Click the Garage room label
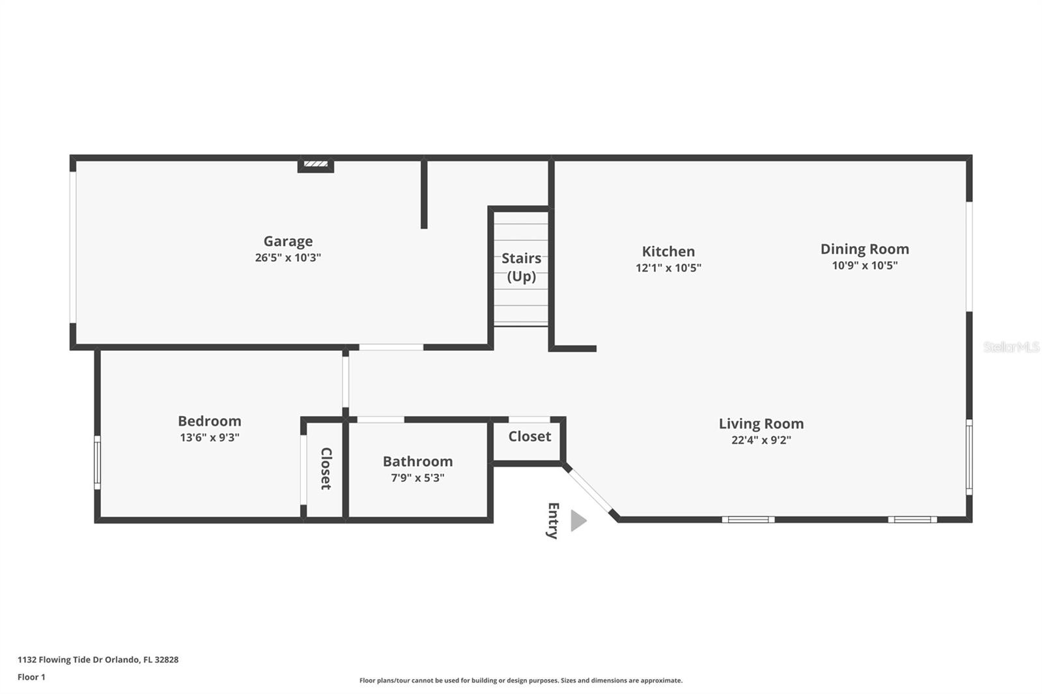(x=288, y=242)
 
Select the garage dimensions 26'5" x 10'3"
(x=288, y=258)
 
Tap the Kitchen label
(x=668, y=251)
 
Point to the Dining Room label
(x=865, y=249)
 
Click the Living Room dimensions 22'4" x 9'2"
(x=761, y=440)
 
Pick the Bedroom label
(x=210, y=421)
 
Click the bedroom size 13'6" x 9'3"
(x=210, y=437)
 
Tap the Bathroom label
(x=417, y=462)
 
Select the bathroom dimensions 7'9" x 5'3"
(x=417, y=478)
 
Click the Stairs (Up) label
(x=522, y=267)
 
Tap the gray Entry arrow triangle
(x=578, y=521)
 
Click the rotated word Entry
(x=553, y=521)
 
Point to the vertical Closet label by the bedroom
(x=326, y=468)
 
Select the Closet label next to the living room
(x=529, y=436)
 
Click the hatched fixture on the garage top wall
(x=316, y=164)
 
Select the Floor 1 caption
(x=32, y=677)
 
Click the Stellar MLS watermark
(x=1011, y=346)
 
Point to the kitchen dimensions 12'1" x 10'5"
(x=668, y=268)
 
